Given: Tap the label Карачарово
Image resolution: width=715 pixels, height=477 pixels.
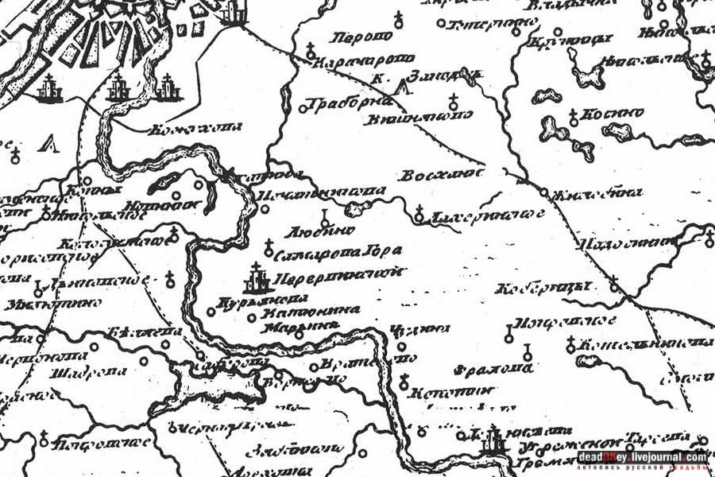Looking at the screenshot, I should [365, 58].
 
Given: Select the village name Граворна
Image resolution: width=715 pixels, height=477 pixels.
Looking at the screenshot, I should [350, 102].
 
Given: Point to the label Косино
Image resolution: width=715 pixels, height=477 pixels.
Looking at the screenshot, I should [613, 114].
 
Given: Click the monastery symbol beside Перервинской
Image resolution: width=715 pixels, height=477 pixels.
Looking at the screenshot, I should [255, 279].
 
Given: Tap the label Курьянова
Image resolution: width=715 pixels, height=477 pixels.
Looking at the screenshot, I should [251, 302].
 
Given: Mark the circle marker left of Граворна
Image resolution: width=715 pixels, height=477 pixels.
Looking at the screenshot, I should [304, 104].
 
